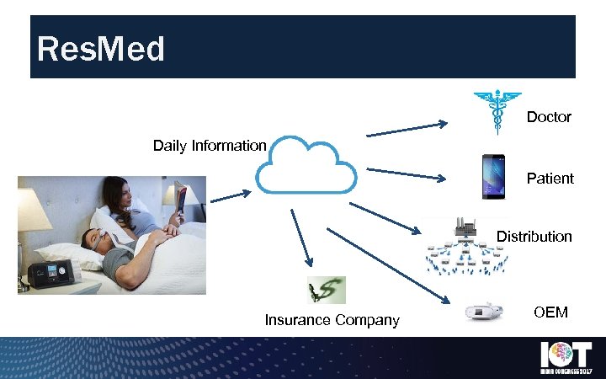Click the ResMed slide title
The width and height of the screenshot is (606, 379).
coord(101,50)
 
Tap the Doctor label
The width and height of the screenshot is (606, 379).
coord(549,117)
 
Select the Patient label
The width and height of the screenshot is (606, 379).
coord(550,178)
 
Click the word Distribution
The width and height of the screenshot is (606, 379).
coord(534,237)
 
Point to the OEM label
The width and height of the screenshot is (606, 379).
coord(550,312)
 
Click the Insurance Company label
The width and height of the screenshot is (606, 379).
coord(332,320)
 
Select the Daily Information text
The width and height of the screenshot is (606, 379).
coord(210,146)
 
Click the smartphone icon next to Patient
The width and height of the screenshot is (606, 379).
coord(493,176)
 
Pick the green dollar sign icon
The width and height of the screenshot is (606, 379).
coord(327,290)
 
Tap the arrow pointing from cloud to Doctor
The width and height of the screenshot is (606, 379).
coord(407,130)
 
